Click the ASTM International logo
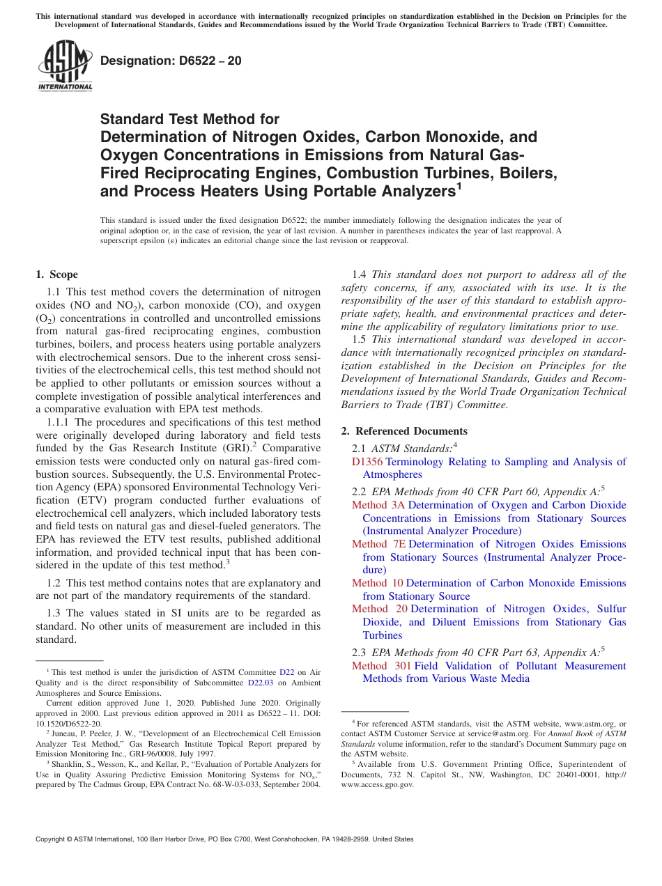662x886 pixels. coord(64,66)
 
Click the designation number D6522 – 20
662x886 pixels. coord(171,61)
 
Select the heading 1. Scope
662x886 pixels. coord(56,274)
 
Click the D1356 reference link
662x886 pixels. coord(367,462)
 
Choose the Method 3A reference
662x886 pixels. coord(378,505)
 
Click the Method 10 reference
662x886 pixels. coord(378,583)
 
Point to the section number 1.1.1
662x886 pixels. coord(59,422)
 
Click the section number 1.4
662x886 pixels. coord(359,274)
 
